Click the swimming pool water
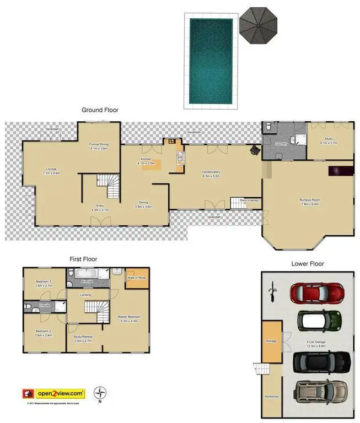[x=211, y=61]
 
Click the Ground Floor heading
[x=100, y=110]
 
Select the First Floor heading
[x=83, y=259]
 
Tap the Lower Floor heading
[x=308, y=264]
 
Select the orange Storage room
[x=271, y=341]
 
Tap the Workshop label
[x=271, y=397]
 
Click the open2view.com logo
[x=60, y=393]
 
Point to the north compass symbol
[x=100, y=393]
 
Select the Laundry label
[x=282, y=144]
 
